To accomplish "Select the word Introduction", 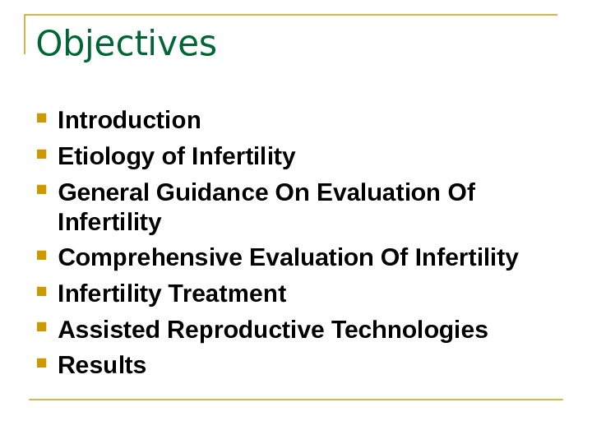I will pos(130,121).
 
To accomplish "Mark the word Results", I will pos(103,365).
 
